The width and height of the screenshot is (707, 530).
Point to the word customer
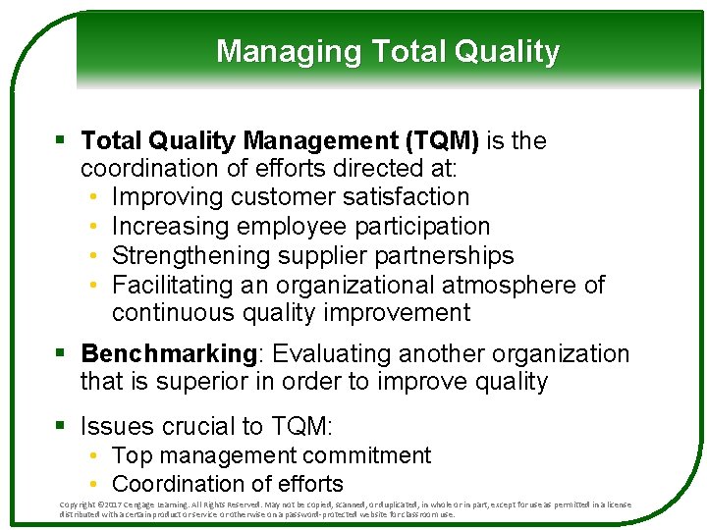point(285,197)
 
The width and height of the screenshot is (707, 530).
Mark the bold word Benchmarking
point(168,353)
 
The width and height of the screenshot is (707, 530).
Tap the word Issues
point(118,426)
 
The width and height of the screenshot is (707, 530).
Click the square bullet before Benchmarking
point(62,353)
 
